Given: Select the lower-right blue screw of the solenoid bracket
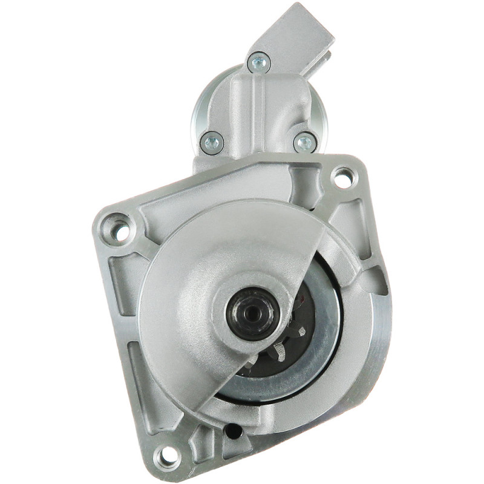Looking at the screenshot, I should [304, 143].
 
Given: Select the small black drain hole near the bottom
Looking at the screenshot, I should [231, 432].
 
